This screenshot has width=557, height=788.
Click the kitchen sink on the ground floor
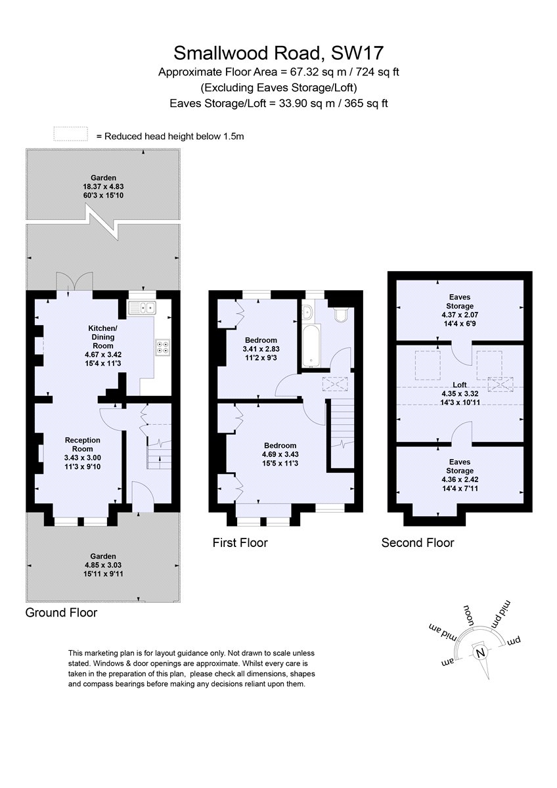tap(142, 307)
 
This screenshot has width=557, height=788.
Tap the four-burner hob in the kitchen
tap(162, 347)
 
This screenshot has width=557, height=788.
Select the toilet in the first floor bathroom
tap(341, 314)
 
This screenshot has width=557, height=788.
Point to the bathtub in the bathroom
tap(311, 345)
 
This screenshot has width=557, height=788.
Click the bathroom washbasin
tap(307, 311)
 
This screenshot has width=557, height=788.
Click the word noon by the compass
tap(469, 615)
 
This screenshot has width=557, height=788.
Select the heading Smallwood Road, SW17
tap(278, 53)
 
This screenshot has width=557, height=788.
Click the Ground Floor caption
tap(61, 612)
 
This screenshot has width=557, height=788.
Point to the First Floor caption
tap(240, 542)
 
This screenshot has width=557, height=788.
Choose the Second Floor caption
tap(418, 542)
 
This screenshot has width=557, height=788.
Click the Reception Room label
tap(83, 445)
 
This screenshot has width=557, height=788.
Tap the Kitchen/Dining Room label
tap(102, 337)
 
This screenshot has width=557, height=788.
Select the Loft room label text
tap(460, 385)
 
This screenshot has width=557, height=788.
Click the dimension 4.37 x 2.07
tap(460, 315)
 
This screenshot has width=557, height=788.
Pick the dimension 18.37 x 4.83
tap(103, 186)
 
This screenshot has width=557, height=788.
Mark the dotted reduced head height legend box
tap(71, 134)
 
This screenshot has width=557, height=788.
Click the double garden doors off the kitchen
tap(75, 281)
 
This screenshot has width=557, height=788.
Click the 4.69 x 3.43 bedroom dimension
tap(280, 454)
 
